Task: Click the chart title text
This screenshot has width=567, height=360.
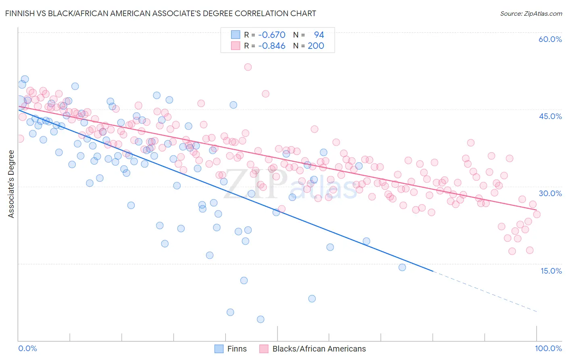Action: coord(161,13)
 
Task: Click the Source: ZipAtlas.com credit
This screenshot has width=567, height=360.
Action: coord(531,13)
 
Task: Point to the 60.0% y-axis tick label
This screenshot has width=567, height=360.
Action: coord(550,39)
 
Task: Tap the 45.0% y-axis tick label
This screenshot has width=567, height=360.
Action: coord(550,116)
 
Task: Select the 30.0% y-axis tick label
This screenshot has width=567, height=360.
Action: coord(550,193)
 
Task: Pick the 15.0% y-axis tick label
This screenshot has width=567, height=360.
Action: coord(551,271)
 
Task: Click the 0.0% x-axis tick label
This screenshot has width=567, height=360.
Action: coord(27,348)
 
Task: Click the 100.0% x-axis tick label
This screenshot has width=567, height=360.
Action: coord(548,348)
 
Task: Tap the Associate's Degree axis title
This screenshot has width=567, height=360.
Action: coord(11,184)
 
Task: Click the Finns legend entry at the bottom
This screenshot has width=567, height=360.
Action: coord(237,349)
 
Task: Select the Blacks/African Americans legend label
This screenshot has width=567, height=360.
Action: coord(319,349)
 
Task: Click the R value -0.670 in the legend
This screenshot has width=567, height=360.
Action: coord(272,35)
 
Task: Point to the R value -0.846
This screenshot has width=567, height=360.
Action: coord(272,46)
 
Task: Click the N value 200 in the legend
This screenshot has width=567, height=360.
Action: coord(316,46)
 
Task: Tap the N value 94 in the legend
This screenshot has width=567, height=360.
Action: coord(319,35)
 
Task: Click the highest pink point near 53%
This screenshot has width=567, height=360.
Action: coord(248,67)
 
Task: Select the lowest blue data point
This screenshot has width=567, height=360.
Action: coord(261,319)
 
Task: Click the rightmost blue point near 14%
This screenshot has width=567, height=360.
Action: coord(402,267)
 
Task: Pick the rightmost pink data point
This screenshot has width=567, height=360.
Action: coord(537,214)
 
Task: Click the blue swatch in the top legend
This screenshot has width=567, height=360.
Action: coord(236,35)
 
